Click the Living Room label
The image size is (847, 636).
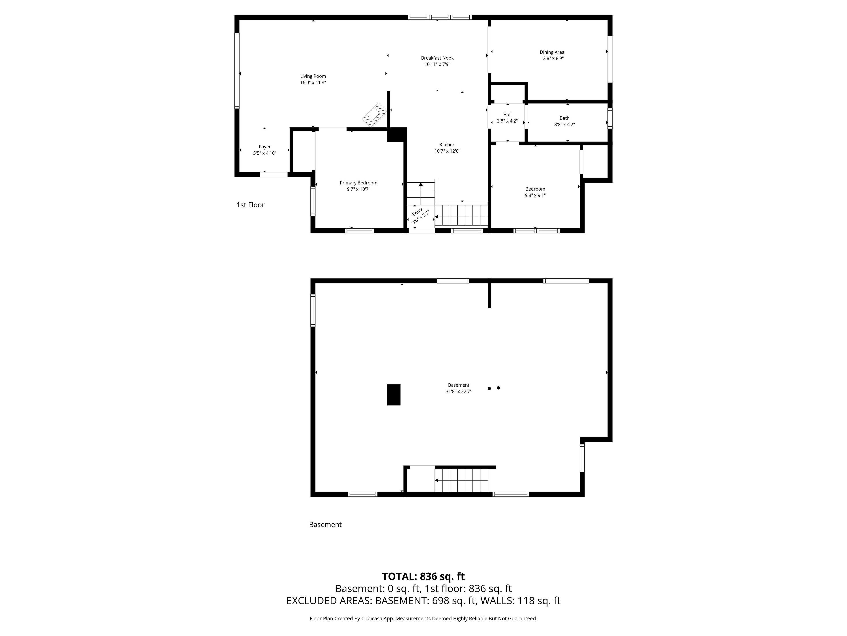click(x=313, y=76)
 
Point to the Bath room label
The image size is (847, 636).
click(x=564, y=118)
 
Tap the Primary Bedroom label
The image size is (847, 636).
click(x=358, y=183)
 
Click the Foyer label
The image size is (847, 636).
click(x=265, y=147)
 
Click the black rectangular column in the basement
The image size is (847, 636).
click(x=394, y=395)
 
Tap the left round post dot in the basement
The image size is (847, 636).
click(x=489, y=388)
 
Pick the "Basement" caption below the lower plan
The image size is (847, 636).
click(x=325, y=524)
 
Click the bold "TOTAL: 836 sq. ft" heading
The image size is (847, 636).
click(x=423, y=576)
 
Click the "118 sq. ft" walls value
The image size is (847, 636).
click(x=539, y=601)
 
